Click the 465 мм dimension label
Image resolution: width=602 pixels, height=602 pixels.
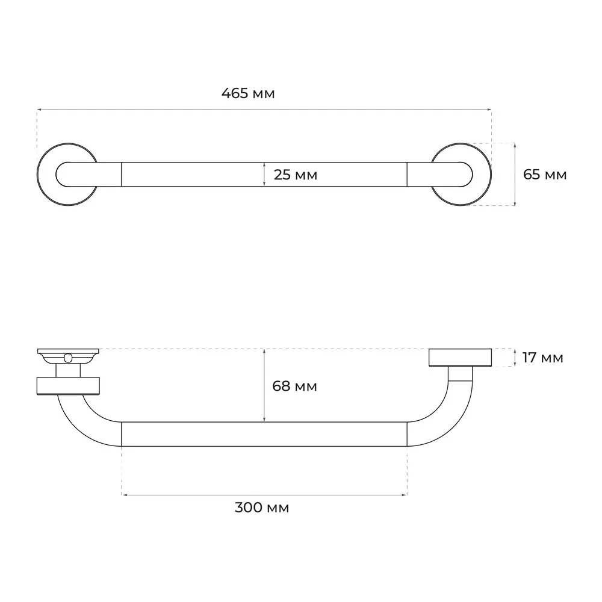(x=248, y=93)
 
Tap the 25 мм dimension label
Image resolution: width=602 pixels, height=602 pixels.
(x=295, y=175)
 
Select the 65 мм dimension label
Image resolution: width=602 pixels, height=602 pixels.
(x=545, y=175)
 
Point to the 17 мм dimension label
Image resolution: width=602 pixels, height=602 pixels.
(x=542, y=358)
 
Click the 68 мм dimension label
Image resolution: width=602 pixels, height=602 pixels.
(x=294, y=386)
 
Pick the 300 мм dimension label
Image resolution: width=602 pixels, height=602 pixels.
(x=261, y=507)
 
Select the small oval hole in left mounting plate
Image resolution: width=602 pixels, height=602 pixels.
(x=69, y=358)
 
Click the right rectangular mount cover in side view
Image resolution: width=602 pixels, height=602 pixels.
(x=460, y=358)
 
